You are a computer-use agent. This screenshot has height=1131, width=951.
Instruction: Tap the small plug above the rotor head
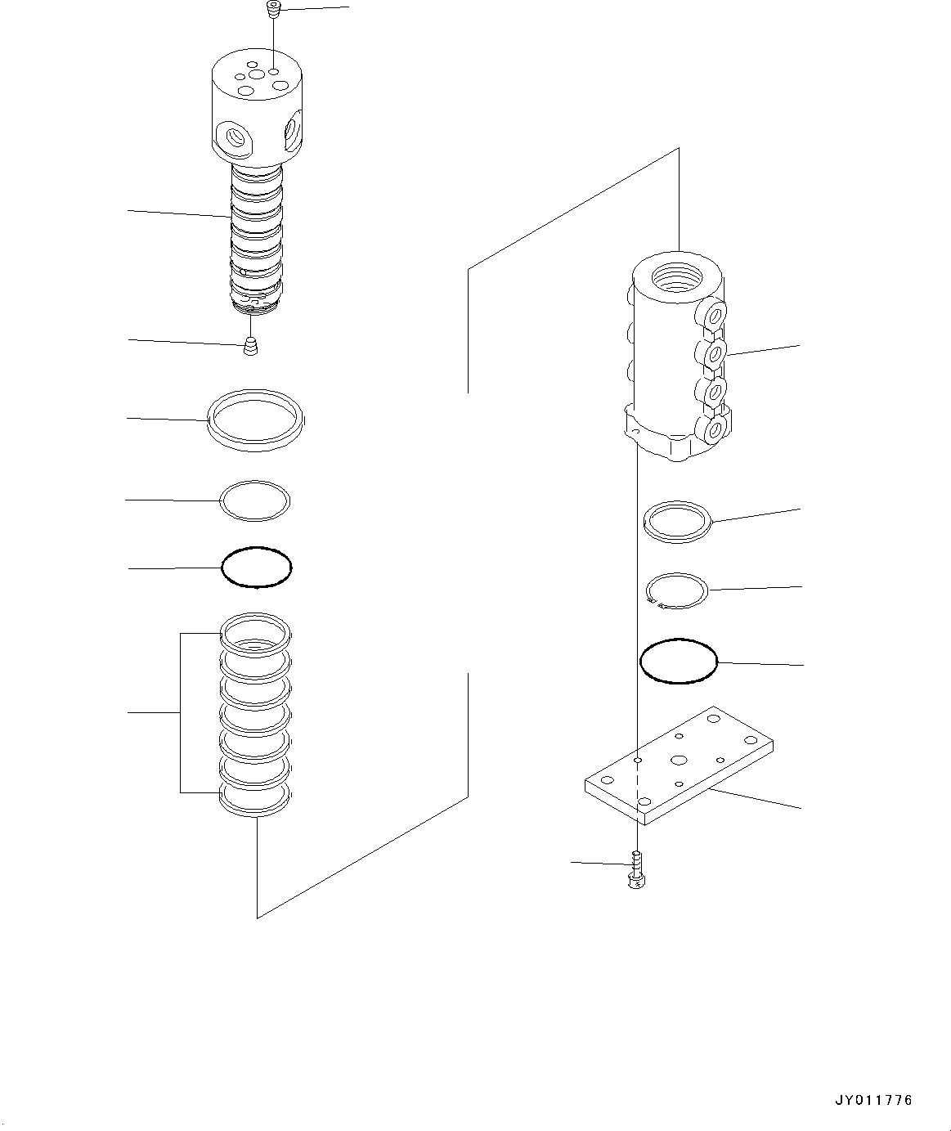pos(273,11)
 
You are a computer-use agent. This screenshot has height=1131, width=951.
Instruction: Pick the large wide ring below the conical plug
pos(257,420)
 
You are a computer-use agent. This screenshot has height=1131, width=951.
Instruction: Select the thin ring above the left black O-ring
pos(255,500)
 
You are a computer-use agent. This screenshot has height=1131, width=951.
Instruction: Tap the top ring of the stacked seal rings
pos(255,632)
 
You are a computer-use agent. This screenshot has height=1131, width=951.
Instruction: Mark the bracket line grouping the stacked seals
pos(181,713)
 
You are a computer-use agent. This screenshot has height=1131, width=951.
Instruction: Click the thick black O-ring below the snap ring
pos(678,661)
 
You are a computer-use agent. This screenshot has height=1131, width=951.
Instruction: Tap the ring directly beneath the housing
pos(678,521)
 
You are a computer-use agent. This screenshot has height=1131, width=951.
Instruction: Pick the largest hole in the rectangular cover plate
pos(679,760)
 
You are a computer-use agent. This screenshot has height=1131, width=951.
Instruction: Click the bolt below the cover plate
pos(635,871)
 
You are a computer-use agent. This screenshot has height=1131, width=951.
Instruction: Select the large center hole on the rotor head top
pos(258,75)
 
